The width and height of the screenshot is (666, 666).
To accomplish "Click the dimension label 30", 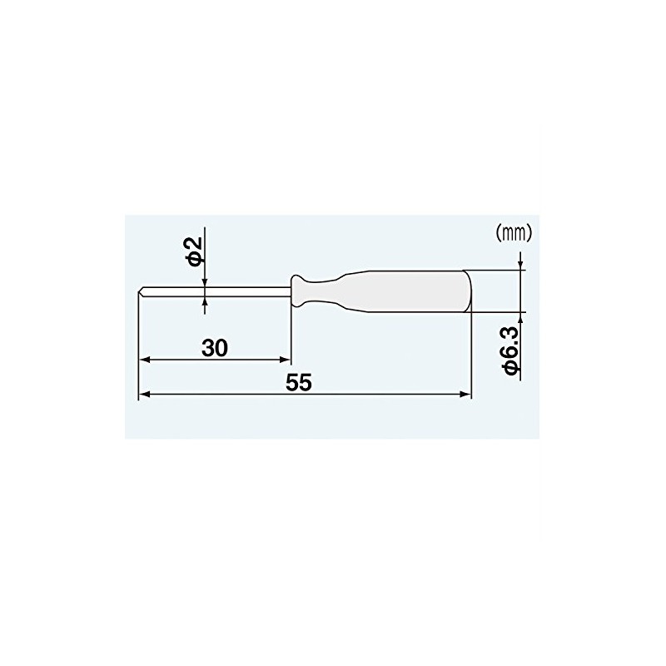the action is coord(215,348).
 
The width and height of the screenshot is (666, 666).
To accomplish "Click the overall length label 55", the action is coord(299,382).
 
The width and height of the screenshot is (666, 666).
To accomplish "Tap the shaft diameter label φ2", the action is coord(194,251).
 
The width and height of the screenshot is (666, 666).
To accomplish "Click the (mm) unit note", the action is coord(514,233).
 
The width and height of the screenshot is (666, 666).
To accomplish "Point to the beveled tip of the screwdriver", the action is coord(141,291).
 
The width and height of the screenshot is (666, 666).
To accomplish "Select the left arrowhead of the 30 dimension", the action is coord(145,360).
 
